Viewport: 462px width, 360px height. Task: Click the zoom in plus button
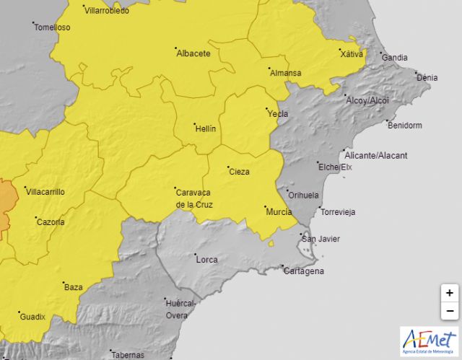coord(449,293)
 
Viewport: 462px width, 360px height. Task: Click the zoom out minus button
coord(449,310)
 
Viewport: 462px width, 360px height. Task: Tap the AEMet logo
coord(429,341)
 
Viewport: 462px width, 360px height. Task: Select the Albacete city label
coord(193,53)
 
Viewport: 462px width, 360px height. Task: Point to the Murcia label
coord(279,211)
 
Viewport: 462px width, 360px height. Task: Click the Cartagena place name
coord(303,271)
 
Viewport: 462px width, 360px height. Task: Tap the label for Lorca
coord(206,259)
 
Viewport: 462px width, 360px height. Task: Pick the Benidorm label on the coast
coord(404,126)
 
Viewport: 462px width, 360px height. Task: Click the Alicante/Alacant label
coord(375,155)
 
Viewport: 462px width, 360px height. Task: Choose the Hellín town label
coord(206,129)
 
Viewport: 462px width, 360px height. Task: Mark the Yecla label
coord(277,114)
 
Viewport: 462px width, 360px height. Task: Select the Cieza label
coord(239,172)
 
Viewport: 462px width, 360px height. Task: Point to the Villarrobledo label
coord(106,11)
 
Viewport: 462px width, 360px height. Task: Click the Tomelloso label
coord(53,27)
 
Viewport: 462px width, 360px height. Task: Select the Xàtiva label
coord(352,54)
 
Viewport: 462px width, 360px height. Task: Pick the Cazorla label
coord(50,222)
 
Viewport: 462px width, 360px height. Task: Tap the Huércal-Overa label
coord(177,309)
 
